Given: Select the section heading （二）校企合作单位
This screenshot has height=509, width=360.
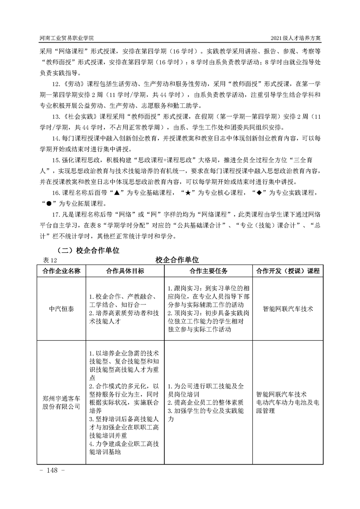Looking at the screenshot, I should click(x=88, y=250).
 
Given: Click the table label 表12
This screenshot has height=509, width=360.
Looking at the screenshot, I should click(x=48, y=260).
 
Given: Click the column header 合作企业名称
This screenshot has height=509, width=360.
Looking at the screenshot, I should click(x=61, y=271).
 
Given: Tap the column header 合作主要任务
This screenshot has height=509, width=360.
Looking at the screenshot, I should click(x=208, y=271).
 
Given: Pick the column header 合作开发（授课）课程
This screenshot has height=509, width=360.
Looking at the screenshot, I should click(x=288, y=271).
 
